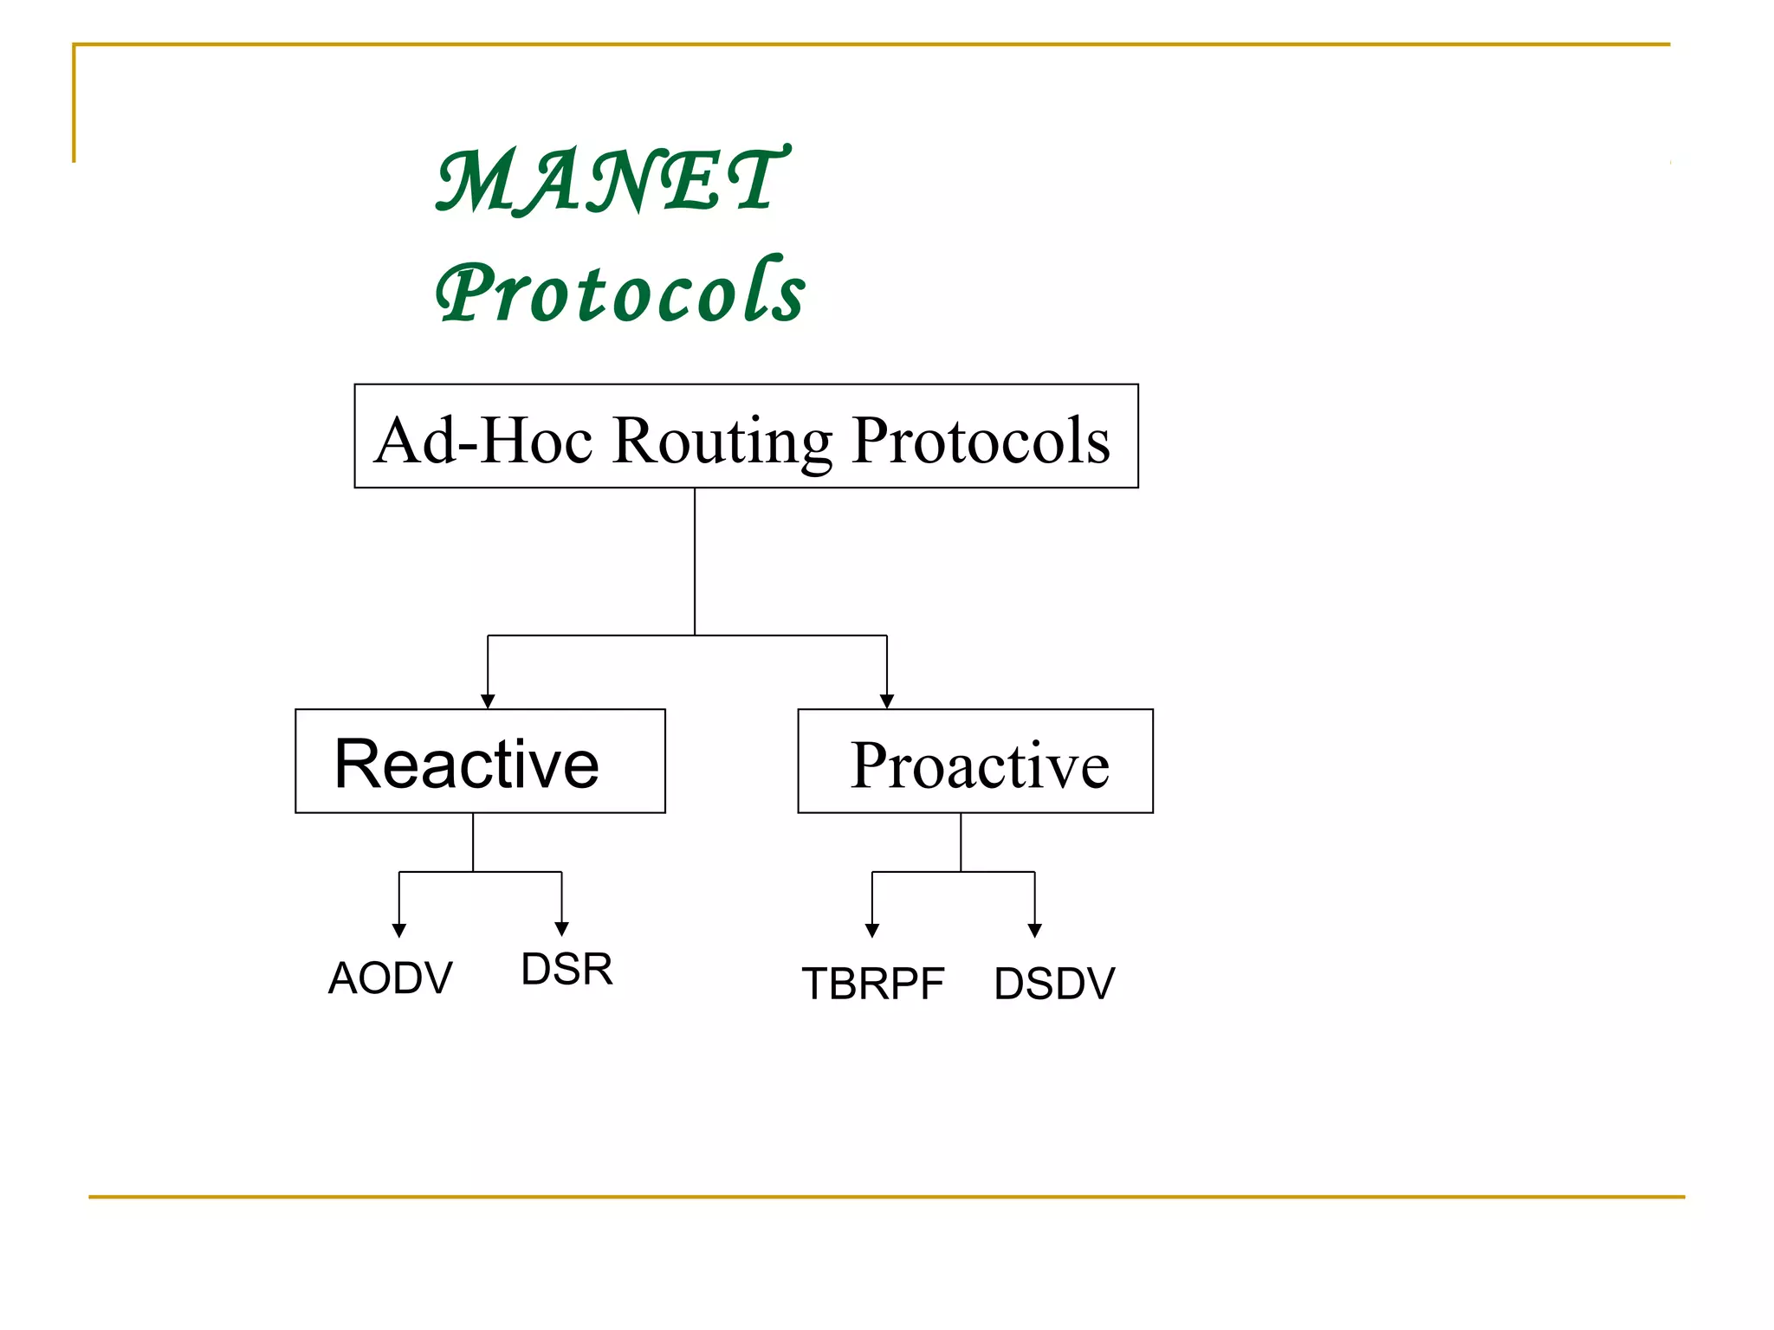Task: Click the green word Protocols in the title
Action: tap(620, 292)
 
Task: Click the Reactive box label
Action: tap(467, 764)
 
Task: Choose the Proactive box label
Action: tap(979, 765)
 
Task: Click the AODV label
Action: tap(391, 978)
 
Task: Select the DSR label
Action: tap(567, 968)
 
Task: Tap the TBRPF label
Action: tap(872, 984)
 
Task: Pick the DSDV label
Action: tap(1054, 984)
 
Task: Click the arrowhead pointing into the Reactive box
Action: tap(488, 701)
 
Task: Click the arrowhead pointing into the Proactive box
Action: tap(886, 701)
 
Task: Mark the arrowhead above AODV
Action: tap(399, 930)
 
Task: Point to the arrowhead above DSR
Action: tap(561, 928)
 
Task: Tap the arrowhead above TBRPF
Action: tap(872, 930)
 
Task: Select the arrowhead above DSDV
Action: tap(1034, 930)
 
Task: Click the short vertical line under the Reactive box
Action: tap(473, 842)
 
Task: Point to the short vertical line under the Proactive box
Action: tap(961, 842)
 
